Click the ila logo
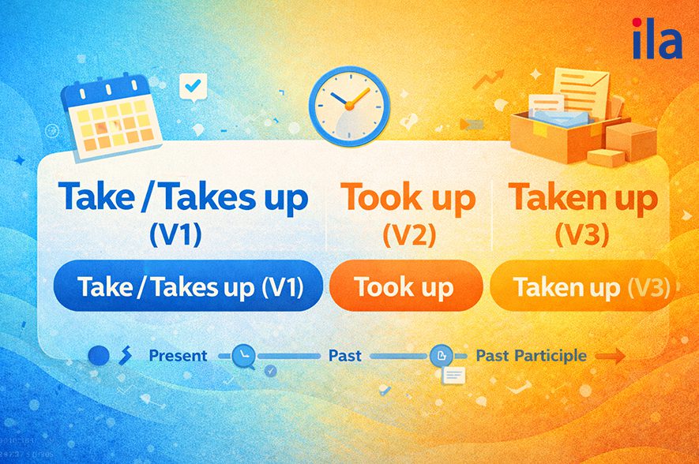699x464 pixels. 657,40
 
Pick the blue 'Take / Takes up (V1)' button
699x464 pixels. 189,286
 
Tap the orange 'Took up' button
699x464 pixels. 404,286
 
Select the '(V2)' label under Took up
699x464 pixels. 408,235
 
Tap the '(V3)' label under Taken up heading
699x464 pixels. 583,235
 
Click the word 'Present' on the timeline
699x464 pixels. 178,356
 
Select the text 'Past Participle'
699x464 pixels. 531,356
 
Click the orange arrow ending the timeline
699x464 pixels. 610,357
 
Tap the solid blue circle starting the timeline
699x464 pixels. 99,356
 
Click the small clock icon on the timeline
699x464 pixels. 242,357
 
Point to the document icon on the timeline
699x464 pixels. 439,357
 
